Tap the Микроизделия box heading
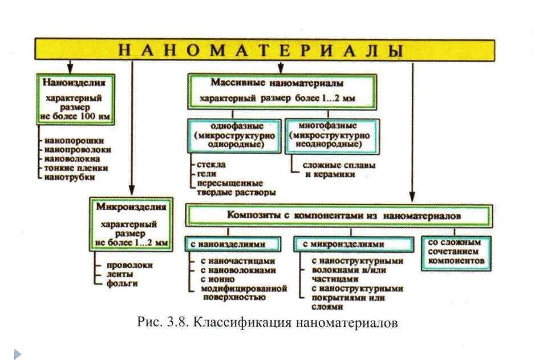click(x=131, y=207)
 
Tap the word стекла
click(x=212, y=164)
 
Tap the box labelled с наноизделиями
click(x=233, y=244)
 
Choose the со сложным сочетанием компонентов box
click(x=456, y=252)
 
